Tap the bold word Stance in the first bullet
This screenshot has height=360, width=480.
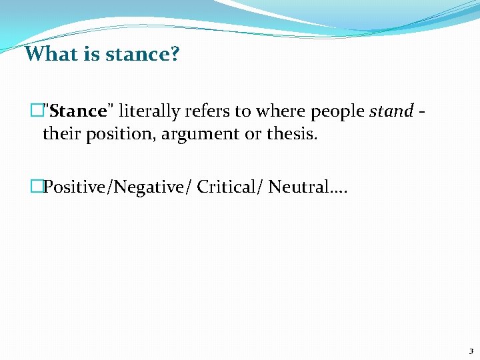pyautogui.click(x=78, y=111)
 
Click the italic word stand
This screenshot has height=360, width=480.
pyautogui.click(x=391, y=111)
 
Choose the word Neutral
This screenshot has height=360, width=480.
pyautogui.click(x=299, y=187)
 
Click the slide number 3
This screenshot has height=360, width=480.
pyautogui.click(x=471, y=351)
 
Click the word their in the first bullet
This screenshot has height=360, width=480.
pyautogui.click(x=59, y=134)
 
